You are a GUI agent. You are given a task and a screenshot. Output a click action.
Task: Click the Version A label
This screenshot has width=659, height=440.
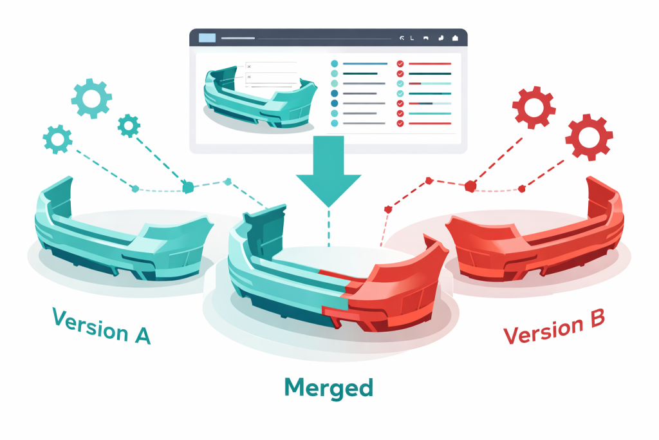[x=101, y=325]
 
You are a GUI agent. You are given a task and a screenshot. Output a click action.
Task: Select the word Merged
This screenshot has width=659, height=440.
[x=328, y=387]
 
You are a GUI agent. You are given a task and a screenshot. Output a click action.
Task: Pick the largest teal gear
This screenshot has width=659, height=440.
[x=91, y=98]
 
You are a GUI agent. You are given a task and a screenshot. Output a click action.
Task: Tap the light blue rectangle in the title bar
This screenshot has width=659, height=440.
[x=207, y=38]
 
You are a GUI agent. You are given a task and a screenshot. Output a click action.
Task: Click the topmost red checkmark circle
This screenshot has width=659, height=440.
[x=400, y=64]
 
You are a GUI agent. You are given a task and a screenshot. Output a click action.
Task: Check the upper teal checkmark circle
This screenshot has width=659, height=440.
[x=400, y=83]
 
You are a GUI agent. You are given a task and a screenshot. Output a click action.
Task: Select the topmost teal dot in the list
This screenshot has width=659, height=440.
[x=334, y=64]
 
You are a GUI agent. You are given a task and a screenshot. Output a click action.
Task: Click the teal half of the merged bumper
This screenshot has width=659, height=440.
[x=283, y=283]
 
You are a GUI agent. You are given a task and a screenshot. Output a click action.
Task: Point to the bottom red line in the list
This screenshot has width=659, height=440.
[x=429, y=122]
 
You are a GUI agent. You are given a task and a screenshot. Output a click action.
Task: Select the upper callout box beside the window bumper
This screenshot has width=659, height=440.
[x=270, y=66]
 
